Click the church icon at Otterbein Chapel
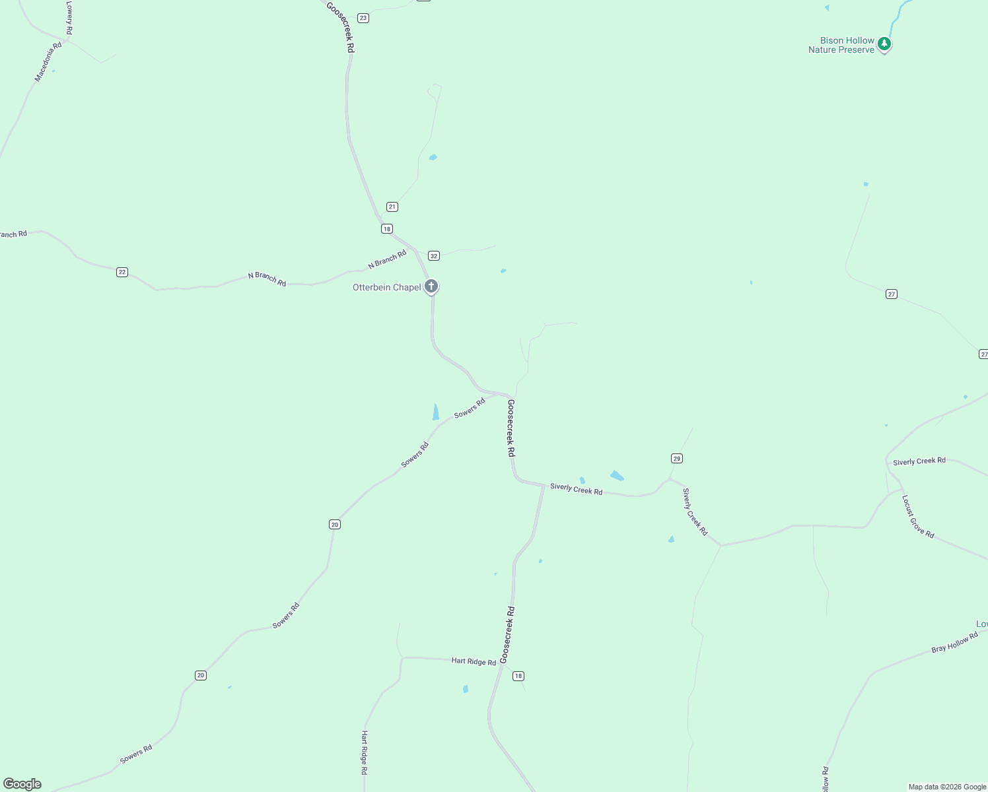(431, 286)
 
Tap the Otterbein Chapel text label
(386, 287)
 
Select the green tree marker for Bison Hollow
(884, 44)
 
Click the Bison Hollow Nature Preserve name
(841, 45)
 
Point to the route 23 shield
(363, 18)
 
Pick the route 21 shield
(392, 207)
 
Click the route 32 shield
(434, 255)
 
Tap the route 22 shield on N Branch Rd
(122, 272)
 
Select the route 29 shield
(677, 458)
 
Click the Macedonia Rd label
(48, 62)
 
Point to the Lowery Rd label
(69, 17)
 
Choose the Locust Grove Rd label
(918, 517)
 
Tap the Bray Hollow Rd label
(954, 642)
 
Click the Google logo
(22, 784)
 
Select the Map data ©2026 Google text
(947, 787)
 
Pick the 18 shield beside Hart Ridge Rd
(518, 676)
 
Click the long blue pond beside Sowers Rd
(436, 412)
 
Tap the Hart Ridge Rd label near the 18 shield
(474, 661)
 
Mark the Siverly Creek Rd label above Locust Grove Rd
(919, 461)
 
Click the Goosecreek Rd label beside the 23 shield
(341, 27)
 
